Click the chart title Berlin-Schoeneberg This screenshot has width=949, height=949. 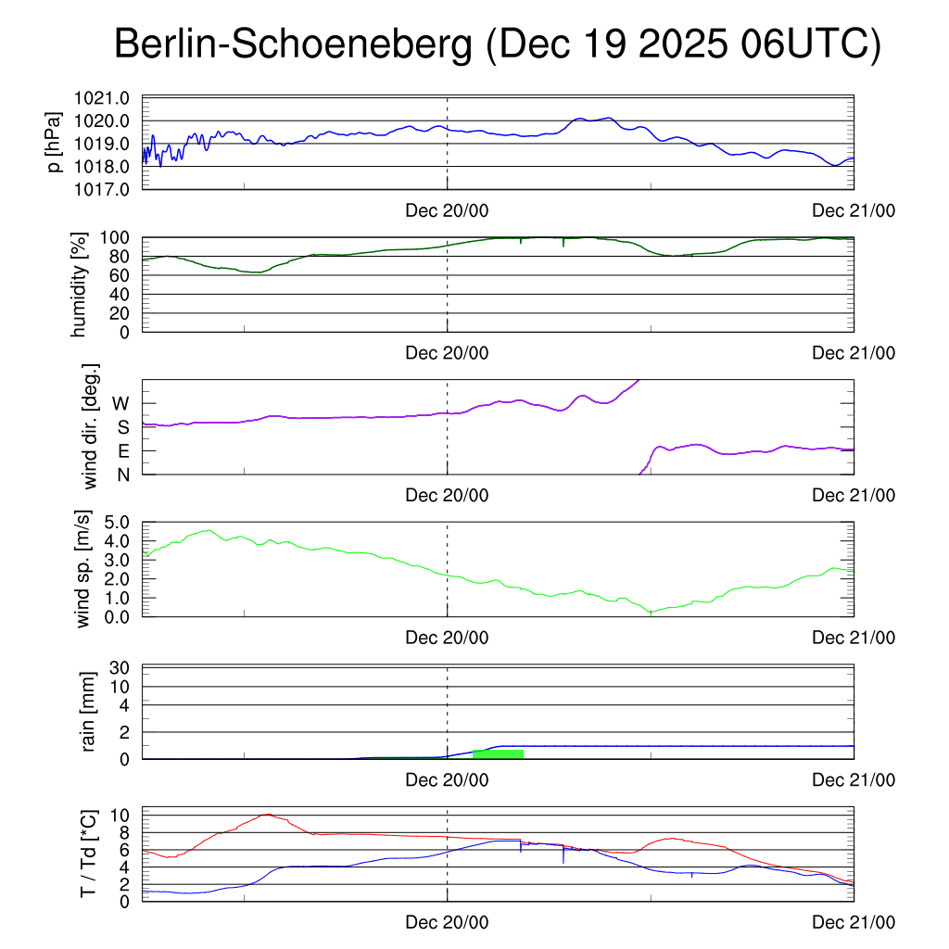[x=293, y=45]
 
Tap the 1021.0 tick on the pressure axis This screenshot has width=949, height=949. [x=110, y=98]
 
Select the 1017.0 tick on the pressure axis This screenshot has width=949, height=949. [x=110, y=189]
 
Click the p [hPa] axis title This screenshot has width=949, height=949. [x=55, y=143]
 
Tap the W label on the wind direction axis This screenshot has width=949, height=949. [x=121, y=403]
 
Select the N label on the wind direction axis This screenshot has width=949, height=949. [x=123, y=474]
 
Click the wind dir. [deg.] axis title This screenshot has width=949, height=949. [x=91, y=426]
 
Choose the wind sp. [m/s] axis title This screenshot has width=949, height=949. [x=84, y=569]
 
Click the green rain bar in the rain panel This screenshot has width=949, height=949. [x=498, y=753]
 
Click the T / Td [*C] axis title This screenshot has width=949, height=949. [x=88, y=854]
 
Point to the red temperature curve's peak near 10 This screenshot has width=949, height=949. [x=268, y=815]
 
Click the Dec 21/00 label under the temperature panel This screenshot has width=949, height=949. [x=854, y=922]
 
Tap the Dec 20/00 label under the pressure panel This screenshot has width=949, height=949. [x=447, y=210]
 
